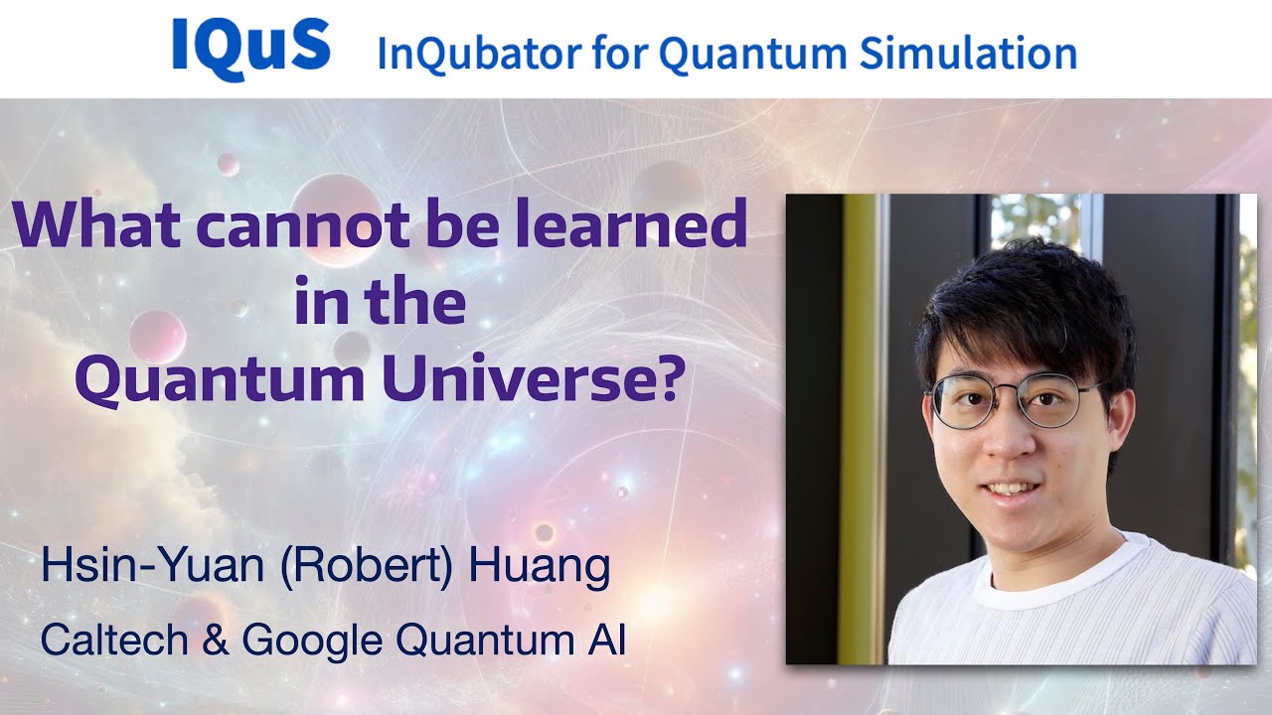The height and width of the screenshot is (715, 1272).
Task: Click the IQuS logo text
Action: [x=250, y=46]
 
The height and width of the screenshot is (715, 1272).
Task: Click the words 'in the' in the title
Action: [x=380, y=305]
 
